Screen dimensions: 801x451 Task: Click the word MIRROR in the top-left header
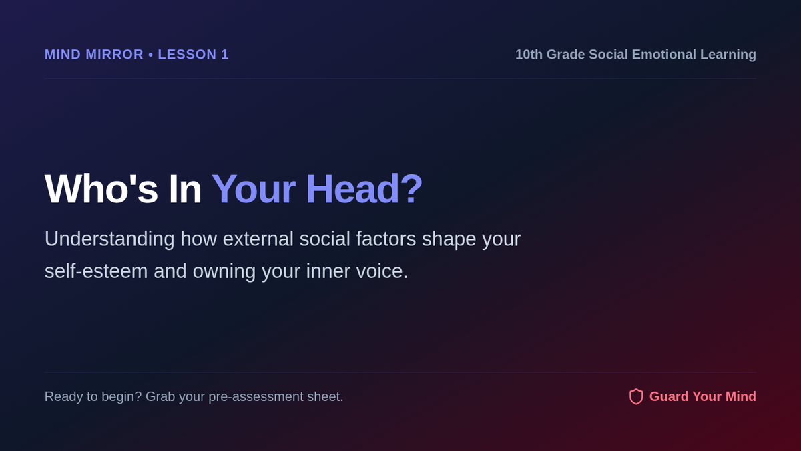(x=114, y=55)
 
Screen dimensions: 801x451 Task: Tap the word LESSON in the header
(x=187, y=55)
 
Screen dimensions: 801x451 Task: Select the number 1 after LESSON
(x=225, y=55)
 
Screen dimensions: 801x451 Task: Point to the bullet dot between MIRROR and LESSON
(x=151, y=55)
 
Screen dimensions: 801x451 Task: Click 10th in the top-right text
(x=529, y=55)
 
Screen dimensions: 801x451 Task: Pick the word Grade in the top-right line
(x=566, y=55)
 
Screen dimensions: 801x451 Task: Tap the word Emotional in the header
(x=664, y=55)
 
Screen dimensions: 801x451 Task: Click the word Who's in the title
(x=101, y=189)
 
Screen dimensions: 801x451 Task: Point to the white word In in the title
(x=185, y=189)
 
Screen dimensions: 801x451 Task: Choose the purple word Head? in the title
(x=364, y=189)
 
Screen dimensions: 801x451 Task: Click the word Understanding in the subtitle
(x=109, y=239)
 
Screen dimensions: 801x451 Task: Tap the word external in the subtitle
(x=258, y=239)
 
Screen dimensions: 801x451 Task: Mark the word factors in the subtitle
(x=386, y=239)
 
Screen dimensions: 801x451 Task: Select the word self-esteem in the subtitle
(x=96, y=271)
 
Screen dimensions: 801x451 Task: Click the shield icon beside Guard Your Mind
(x=636, y=397)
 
